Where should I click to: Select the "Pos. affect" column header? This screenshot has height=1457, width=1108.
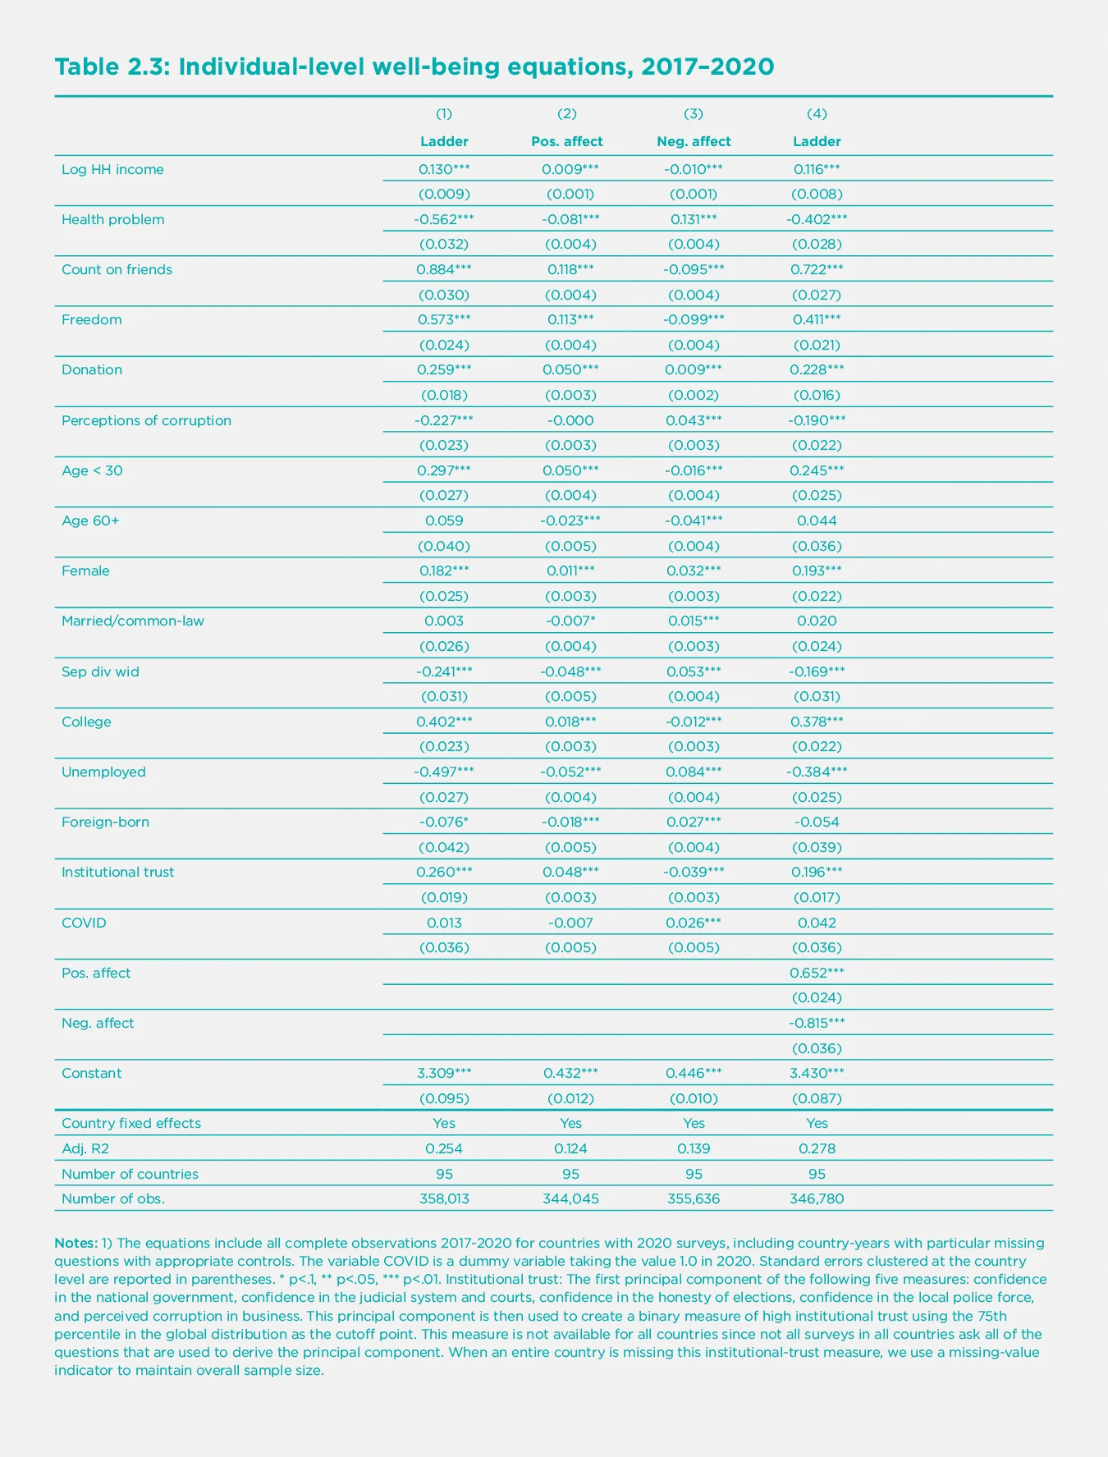coord(566,141)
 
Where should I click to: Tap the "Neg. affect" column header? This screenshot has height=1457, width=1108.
coord(694,141)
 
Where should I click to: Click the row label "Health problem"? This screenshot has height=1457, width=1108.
coord(112,219)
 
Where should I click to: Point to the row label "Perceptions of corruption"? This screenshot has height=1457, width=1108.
coord(146,420)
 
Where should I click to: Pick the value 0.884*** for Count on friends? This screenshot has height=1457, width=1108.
coord(444,269)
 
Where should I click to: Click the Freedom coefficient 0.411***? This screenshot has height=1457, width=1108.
coord(817,319)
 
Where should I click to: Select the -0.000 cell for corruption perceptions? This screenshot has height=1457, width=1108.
coord(570,420)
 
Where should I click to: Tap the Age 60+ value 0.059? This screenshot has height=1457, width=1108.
coord(444,520)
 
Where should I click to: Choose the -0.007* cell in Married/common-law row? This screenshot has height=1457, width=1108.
coord(570,621)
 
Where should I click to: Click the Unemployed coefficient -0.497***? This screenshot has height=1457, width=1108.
coord(444,772)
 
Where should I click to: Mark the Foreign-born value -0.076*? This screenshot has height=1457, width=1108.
coord(444,822)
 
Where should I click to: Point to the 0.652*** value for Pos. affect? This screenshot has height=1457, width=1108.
coord(817,973)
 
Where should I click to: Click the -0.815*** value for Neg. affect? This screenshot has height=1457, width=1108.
coord(817,1023)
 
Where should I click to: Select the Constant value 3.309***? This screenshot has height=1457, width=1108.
coord(444,1073)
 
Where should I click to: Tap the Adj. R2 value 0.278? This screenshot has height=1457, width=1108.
coord(817,1148)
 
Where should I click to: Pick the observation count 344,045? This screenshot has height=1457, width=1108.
coord(570,1198)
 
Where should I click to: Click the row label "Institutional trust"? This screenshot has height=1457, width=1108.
coord(117,872)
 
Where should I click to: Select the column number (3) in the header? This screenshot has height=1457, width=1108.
coord(694,113)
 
